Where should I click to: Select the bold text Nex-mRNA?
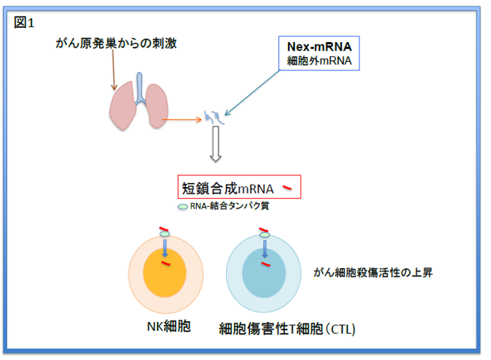coord(318,46)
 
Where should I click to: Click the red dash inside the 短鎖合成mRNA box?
coord(290,187)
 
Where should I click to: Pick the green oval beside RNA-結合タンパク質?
coord(182,206)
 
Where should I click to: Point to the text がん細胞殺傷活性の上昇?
coord(382,271)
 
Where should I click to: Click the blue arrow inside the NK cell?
coord(165,250)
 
